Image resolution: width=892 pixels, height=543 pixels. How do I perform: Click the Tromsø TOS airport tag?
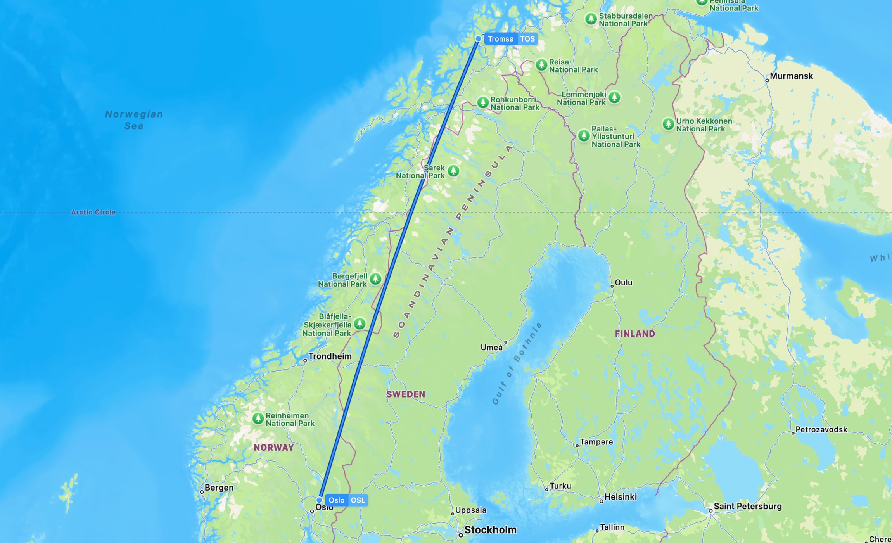click(511, 39)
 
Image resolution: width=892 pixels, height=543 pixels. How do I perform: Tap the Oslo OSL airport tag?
click(347, 500)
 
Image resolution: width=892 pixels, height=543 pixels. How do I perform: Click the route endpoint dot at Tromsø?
click(478, 39)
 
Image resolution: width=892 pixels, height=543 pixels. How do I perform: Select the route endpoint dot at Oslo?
click(319, 500)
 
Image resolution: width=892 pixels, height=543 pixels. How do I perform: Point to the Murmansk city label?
click(791, 76)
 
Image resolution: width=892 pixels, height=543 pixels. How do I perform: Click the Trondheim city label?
click(330, 356)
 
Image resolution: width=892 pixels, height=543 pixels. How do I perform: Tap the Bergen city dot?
click(202, 492)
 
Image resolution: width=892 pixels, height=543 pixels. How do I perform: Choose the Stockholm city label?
click(490, 530)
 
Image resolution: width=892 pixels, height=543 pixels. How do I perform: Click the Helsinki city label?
click(621, 497)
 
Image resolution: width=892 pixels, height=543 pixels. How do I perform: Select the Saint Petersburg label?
click(747, 506)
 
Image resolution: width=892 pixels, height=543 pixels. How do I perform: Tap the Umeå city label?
click(491, 348)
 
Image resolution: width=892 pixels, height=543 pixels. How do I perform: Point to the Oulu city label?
click(623, 283)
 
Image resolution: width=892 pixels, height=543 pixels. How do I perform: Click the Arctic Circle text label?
click(93, 212)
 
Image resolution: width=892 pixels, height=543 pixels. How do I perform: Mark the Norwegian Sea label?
click(134, 120)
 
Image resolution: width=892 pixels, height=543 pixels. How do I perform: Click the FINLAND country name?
click(635, 334)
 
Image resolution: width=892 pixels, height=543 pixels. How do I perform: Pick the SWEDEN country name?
click(406, 394)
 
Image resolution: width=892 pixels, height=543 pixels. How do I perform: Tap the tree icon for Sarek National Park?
click(453, 171)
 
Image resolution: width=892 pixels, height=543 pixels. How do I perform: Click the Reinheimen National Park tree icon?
click(258, 418)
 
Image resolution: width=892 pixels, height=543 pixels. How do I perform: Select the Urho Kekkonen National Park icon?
click(668, 124)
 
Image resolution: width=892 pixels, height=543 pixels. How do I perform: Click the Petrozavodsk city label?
click(821, 429)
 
